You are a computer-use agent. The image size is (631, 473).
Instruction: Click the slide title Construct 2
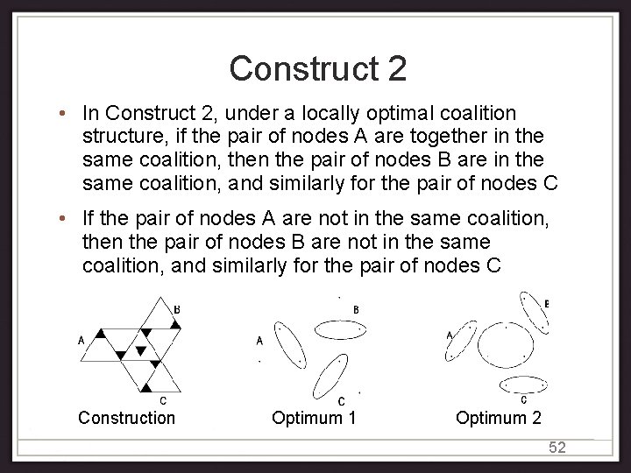(317, 68)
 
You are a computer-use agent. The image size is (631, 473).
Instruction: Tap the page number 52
(557, 448)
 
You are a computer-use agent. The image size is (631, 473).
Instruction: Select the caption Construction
(126, 418)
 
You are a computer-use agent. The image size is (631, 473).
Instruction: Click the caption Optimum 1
(314, 418)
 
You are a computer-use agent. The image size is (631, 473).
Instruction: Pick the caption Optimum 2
(498, 418)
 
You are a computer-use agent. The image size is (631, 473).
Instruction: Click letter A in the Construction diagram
(82, 341)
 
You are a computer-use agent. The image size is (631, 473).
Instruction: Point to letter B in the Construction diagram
(177, 309)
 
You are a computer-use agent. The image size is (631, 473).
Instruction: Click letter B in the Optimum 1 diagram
(355, 309)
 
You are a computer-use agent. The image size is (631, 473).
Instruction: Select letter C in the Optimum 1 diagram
(341, 400)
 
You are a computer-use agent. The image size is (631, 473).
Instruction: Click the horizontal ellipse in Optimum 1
(338, 329)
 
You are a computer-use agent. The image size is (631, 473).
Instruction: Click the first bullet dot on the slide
(67, 114)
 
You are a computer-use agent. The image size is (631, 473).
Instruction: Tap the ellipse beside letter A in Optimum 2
(461, 342)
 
